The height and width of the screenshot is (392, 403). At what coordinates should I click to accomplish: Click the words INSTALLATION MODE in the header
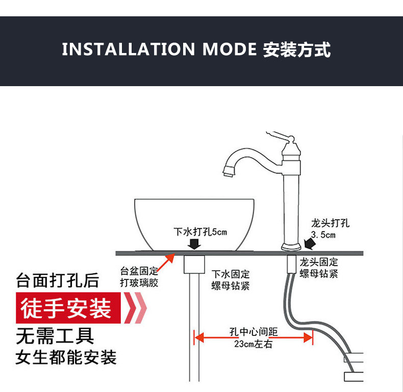[159, 50]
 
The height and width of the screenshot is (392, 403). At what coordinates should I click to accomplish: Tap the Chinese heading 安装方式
[297, 50]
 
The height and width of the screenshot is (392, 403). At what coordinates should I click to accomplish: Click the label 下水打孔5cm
[200, 232]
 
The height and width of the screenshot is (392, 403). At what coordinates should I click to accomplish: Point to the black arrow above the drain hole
[194, 244]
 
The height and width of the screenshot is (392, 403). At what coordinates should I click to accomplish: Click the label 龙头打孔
[331, 223]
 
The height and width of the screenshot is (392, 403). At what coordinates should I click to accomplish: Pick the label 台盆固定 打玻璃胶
[139, 276]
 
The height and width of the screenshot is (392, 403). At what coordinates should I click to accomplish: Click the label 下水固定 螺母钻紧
[231, 280]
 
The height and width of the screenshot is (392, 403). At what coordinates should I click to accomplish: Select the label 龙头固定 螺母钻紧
[318, 268]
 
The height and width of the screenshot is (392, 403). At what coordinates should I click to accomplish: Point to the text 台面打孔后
[57, 280]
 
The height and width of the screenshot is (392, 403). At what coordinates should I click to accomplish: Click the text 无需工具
[55, 336]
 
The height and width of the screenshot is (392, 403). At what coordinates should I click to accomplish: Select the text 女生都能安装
[66, 357]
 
